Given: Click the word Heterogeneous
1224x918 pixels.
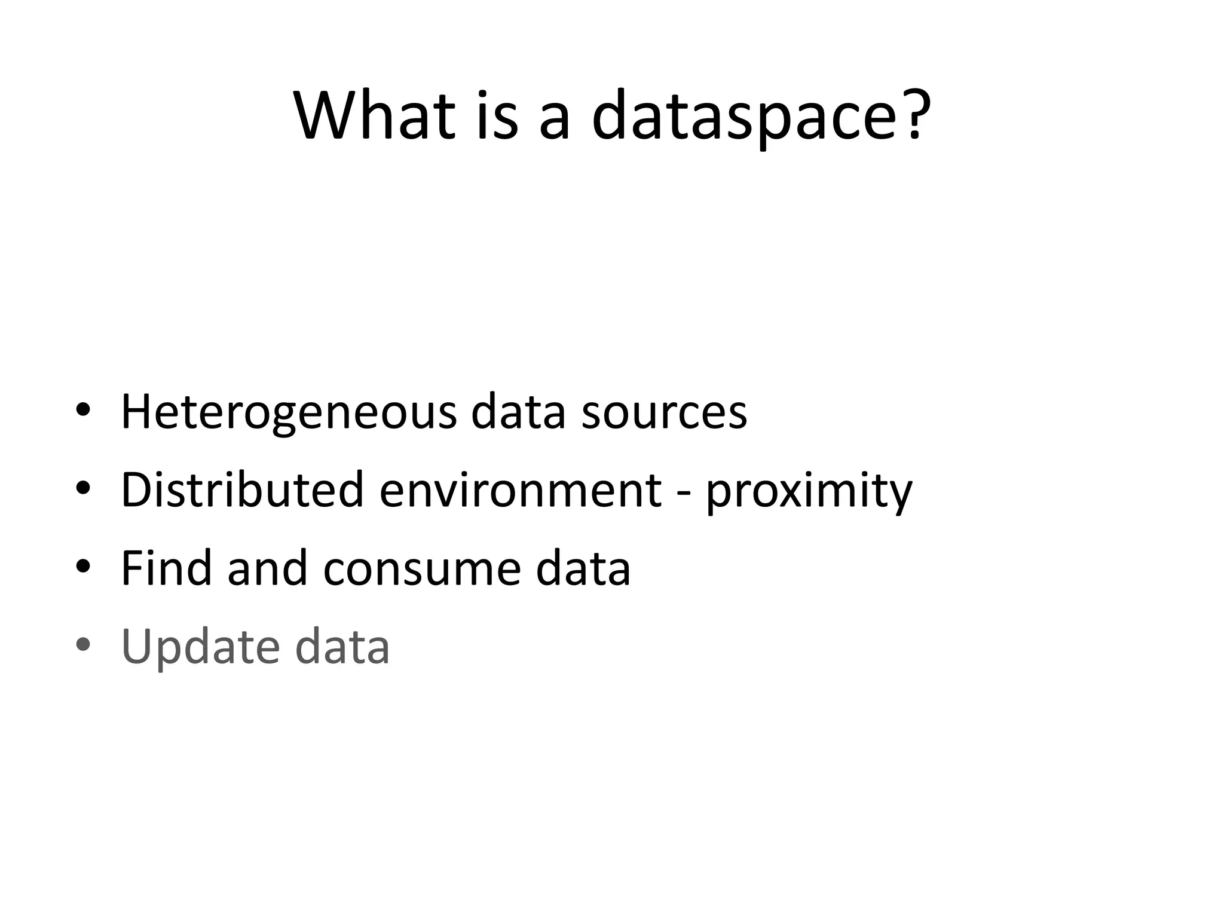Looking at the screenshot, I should point(289,412).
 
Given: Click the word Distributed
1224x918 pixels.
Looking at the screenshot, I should point(242,489).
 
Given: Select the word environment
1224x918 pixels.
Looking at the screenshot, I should point(521,489).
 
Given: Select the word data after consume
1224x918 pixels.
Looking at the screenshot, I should point(583,567).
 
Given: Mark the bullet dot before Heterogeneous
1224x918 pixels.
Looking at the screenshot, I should point(83,410).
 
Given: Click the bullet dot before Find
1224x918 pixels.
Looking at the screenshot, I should point(83,565).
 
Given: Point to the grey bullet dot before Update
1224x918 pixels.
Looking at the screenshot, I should point(83,644).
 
